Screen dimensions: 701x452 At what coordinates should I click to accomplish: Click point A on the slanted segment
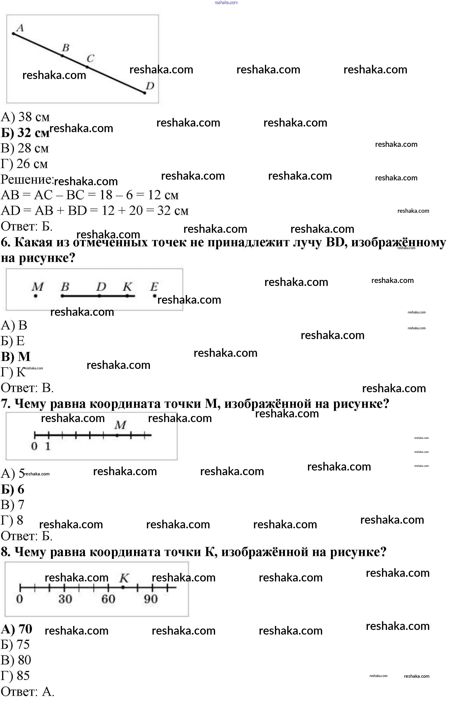[13, 34]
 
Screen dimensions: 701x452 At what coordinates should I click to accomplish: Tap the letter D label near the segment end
[150, 86]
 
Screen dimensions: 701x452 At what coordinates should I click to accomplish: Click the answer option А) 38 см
[25, 117]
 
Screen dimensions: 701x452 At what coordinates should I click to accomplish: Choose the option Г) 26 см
[24, 164]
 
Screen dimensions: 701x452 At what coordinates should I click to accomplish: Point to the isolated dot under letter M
[36, 296]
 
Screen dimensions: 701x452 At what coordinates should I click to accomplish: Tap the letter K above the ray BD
[127, 286]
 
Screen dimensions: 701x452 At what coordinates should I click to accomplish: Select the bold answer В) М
[16, 356]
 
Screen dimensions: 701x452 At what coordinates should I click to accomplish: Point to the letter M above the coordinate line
[120, 425]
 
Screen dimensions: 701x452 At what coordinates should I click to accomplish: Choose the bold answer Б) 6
[13, 489]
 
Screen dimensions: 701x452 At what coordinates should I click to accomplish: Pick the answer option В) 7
[12, 505]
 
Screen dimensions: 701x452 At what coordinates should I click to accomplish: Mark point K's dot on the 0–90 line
[123, 587]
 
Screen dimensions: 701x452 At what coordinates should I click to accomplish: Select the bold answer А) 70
[17, 629]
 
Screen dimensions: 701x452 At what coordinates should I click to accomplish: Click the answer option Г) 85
[15, 675]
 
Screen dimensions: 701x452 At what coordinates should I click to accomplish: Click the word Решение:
[27, 179]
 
